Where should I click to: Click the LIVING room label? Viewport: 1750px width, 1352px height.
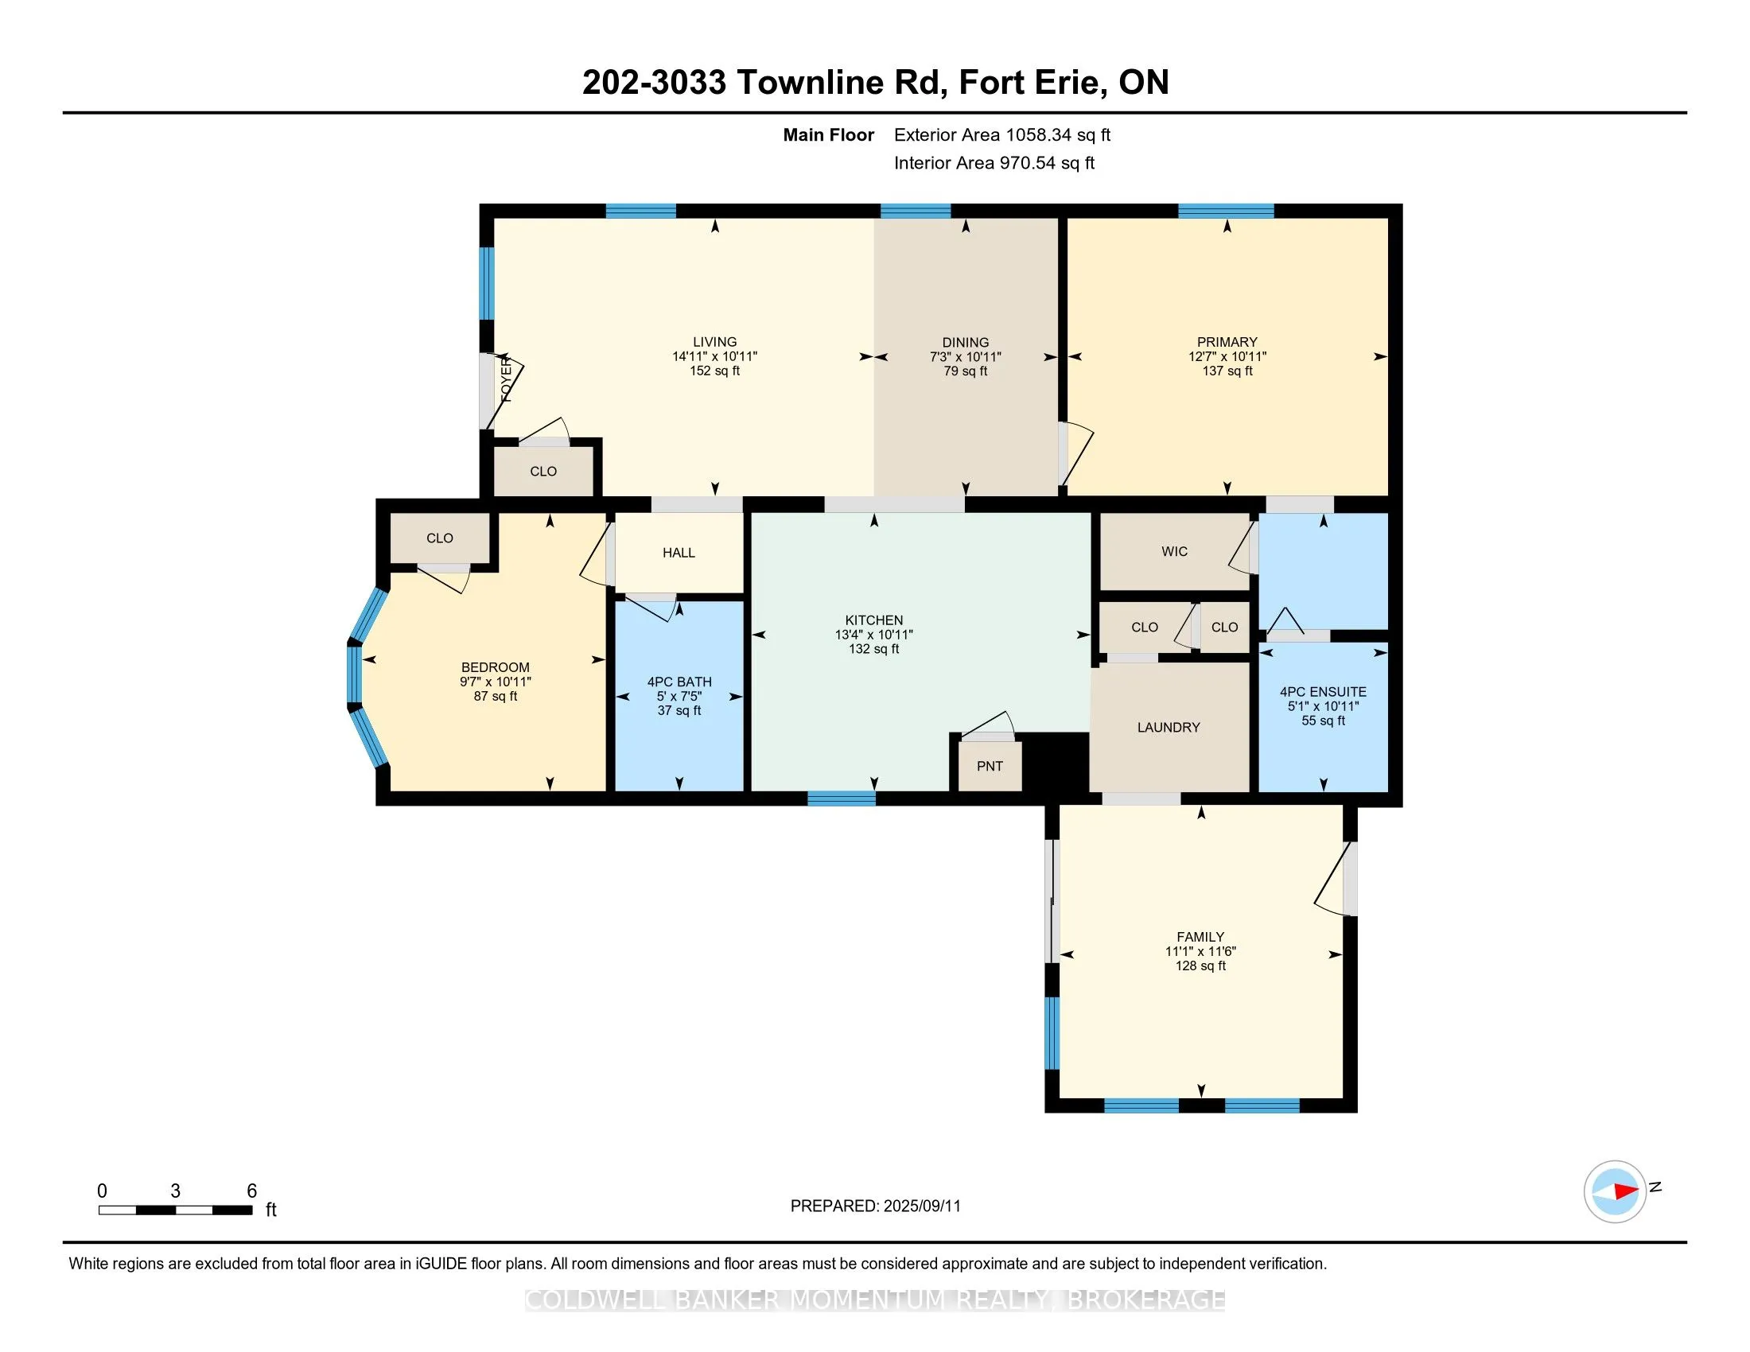point(715,342)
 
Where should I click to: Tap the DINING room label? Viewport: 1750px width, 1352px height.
point(966,342)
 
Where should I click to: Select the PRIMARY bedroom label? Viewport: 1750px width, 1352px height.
point(1227,342)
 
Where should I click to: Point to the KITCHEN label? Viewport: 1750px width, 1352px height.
point(873,620)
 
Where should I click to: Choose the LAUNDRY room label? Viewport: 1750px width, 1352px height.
point(1169,727)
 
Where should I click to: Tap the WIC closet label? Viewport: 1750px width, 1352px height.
point(1174,551)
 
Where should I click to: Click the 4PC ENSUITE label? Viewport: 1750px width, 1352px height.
point(1323,692)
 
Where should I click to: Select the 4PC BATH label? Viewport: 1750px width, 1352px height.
point(679,682)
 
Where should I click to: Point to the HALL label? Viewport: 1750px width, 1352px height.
point(679,553)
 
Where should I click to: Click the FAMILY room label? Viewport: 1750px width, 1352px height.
point(1200,937)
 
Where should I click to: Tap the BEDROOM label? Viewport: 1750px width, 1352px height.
point(496,667)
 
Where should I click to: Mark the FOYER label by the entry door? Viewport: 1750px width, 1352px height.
point(507,380)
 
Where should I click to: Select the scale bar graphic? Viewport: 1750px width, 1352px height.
point(176,1210)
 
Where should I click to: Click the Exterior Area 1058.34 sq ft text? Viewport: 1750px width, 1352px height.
point(1002,134)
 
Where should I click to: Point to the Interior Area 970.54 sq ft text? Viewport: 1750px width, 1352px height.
point(994,162)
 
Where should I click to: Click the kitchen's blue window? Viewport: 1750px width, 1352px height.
point(842,798)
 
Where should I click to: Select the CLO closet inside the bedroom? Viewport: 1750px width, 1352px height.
point(439,538)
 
